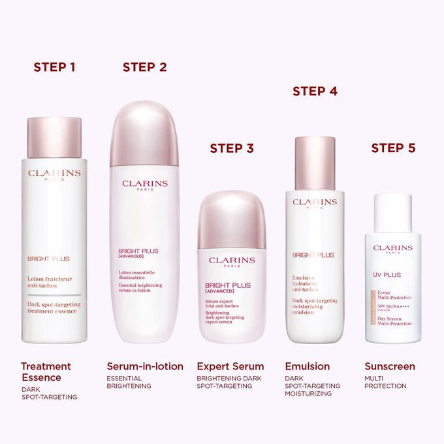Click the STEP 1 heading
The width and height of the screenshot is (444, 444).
[x=55, y=67]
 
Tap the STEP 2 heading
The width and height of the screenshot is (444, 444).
[x=144, y=67]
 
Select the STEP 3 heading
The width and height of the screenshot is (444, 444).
[x=231, y=148]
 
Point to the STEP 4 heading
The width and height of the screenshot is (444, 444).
[x=315, y=91]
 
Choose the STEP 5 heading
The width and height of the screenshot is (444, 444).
[x=393, y=148]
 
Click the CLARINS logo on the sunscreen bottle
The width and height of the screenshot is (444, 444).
[x=392, y=248]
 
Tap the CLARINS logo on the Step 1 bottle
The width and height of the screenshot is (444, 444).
[x=55, y=174]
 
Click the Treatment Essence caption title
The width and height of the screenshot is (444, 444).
[x=46, y=372]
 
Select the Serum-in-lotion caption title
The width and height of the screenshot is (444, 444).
[x=145, y=366]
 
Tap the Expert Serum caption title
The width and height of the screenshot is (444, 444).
[x=230, y=366]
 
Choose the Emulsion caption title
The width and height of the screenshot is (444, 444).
[x=308, y=366]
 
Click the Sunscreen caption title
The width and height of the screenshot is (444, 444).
[x=390, y=366]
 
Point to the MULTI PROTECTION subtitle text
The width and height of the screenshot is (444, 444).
[x=385, y=382]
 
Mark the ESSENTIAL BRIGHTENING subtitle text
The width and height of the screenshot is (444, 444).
[x=129, y=382]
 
